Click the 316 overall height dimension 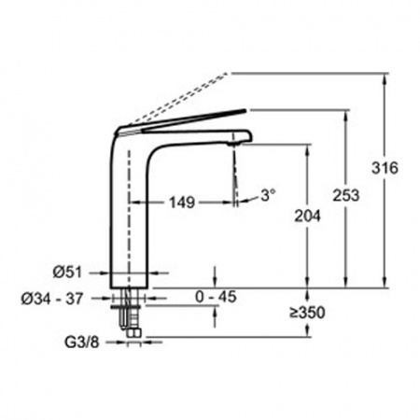[x=385, y=168]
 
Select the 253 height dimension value [x=345, y=195]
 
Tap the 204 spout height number [x=307, y=216]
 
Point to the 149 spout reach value [x=182, y=203]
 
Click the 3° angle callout [x=268, y=195]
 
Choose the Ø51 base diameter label [x=67, y=273]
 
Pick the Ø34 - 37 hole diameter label [x=52, y=299]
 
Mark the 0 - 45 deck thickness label [x=216, y=297]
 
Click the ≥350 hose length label [x=307, y=313]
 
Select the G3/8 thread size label [x=82, y=343]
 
